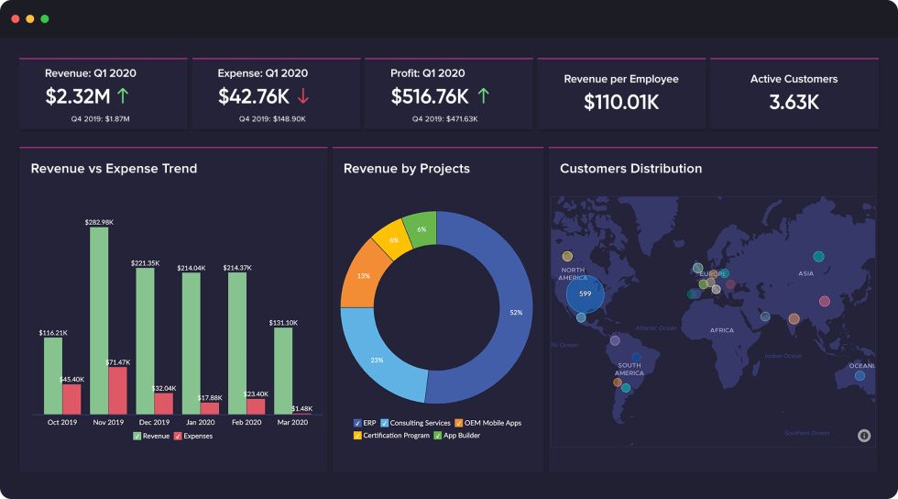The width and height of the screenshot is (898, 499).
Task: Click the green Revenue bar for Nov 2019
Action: tap(99, 321)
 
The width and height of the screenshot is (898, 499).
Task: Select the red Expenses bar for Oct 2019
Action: tap(71, 399)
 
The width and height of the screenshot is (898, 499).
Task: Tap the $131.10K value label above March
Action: tap(283, 323)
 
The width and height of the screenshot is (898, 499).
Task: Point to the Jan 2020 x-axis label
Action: tap(201, 423)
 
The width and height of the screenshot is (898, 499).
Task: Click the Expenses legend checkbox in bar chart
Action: tap(178, 436)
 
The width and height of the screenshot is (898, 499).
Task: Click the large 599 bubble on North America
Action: tap(585, 294)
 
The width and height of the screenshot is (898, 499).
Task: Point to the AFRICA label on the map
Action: tap(721, 330)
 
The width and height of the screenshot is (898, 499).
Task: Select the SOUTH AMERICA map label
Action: tap(629, 370)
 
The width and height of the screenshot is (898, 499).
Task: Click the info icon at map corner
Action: tap(863, 436)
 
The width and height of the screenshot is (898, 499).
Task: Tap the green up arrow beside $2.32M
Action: tap(123, 95)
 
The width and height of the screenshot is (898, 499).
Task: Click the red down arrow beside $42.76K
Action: tap(303, 95)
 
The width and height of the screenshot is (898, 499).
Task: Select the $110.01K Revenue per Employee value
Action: tap(621, 102)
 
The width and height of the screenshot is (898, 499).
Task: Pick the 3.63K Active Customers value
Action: tap(794, 102)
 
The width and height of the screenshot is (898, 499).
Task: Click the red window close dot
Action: tap(16, 18)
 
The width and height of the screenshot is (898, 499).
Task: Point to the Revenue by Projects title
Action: tap(406, 169)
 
